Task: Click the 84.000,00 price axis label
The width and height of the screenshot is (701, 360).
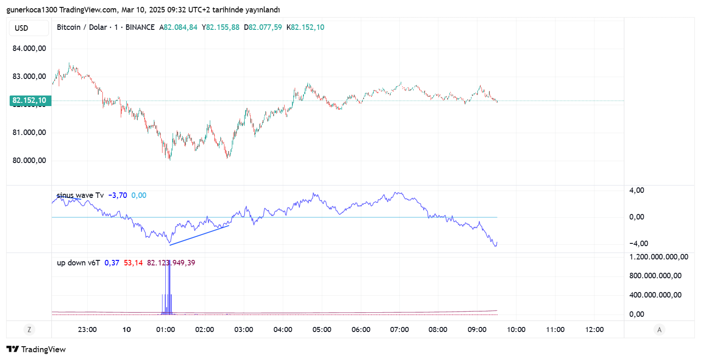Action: click(29, 48)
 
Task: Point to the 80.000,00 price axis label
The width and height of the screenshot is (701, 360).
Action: click(29, 161)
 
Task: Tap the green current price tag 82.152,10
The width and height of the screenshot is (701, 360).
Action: click(30, 101)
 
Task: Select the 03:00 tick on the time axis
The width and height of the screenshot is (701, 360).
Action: click(244, 330)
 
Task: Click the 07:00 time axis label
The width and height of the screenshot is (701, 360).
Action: click(400, 330)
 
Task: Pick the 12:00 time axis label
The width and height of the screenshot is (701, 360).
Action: click(595, 330)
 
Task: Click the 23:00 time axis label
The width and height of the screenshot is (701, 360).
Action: click(87, 330)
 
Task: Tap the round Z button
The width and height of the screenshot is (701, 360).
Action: click(29, 329)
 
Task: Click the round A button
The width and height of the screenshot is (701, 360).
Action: click(660, 329)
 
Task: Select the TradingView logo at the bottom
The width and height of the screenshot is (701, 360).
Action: click(36, 349)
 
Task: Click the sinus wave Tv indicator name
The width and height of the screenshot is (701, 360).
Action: click(80, 196)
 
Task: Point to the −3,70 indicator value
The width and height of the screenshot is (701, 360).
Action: click(118, 196)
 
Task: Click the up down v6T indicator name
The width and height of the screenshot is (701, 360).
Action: click(78, 263)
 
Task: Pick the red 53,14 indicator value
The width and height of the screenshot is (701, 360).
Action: click(133, 263)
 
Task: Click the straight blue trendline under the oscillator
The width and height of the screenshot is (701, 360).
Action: click(199, 236)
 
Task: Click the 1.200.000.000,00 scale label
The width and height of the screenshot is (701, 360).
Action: click(659, 257)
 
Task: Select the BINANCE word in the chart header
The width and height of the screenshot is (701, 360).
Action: click(140, 27)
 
